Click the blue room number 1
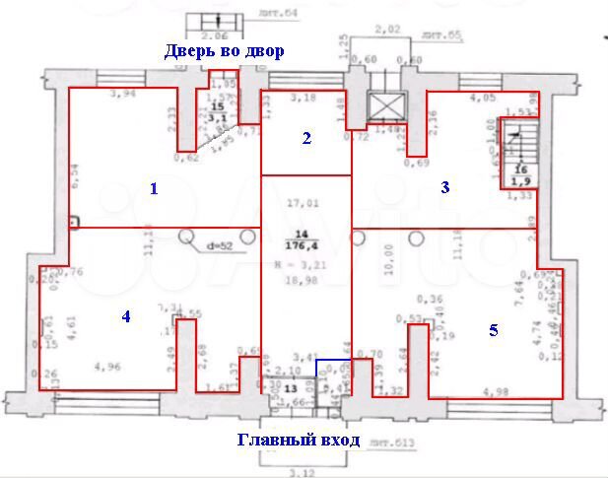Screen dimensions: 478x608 [x=154, y=188]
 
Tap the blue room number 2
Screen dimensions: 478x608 [x=306, y=139]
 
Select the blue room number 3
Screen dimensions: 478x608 [x=444, y=187]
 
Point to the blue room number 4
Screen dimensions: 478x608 [x=126, y=316]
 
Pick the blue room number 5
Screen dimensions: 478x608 [x=494, y=331]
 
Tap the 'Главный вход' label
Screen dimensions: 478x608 [x=299, y=440]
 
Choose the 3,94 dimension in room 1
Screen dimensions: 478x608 [x=123, y=95]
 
